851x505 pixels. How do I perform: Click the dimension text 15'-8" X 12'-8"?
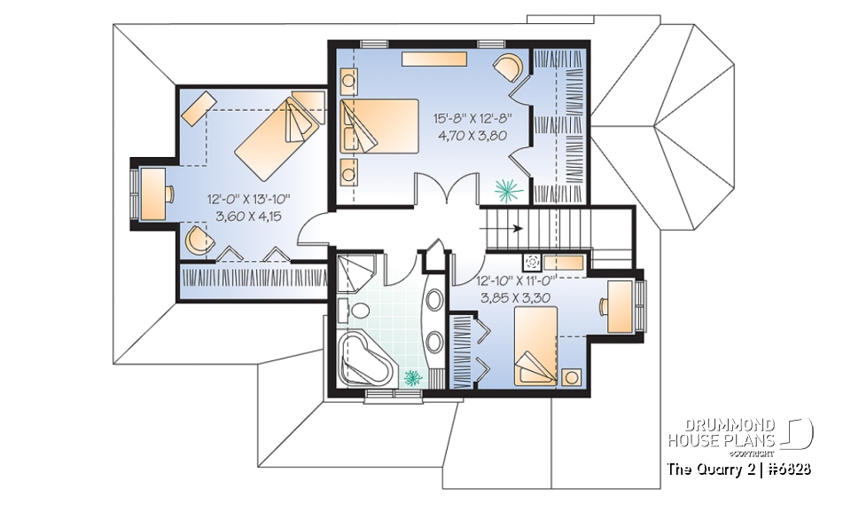(472, 118)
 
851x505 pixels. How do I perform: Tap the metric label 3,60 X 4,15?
(249, 217)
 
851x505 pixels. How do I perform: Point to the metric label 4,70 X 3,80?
(472, 136)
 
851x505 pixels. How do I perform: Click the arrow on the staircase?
(501, 228)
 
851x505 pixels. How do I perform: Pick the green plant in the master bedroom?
(509, 189)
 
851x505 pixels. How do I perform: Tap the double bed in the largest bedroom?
(379, 126)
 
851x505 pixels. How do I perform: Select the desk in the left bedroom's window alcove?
(153, 193)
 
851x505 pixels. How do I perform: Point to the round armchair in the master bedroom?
(508, 67)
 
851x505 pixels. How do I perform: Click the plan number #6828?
(787, 469)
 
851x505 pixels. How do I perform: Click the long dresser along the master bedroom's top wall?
(434, 59)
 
